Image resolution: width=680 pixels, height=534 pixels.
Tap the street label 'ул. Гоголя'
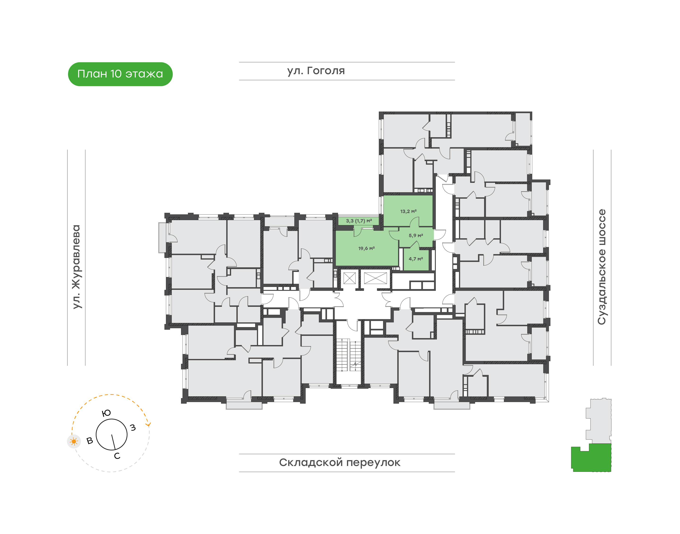pos(316,71)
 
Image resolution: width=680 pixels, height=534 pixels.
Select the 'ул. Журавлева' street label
pos(76,267)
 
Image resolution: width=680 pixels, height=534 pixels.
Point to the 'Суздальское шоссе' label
pos(602,267)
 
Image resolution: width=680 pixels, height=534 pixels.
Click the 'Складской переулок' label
pos(340,462)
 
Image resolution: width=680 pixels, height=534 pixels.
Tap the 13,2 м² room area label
pos(408,211)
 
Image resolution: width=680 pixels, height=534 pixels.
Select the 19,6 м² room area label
pos(366,248)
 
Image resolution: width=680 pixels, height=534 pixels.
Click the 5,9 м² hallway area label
pos(416,235)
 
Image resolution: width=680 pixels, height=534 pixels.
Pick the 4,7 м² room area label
pos(416,259)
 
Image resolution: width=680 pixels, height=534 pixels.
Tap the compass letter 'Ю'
pos(106,413)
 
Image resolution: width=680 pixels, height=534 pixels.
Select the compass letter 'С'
pos(117,456)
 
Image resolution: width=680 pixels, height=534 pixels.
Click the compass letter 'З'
pos(133,427)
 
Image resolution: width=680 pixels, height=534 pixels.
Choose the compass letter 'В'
pos(90,441)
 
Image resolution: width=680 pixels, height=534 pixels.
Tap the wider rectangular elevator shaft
pos(375,278)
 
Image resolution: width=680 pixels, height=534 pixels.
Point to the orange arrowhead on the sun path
pos(149,424)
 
